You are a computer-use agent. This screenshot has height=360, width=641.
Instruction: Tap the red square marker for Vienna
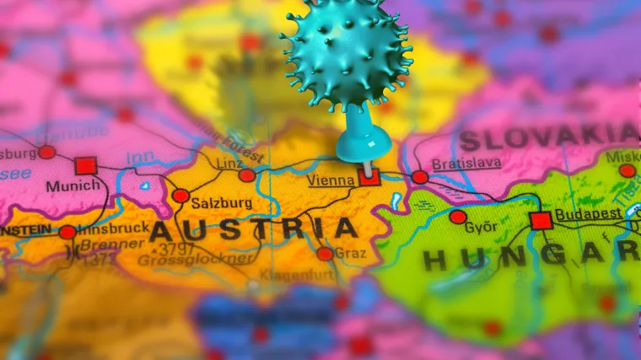tap(369, 177)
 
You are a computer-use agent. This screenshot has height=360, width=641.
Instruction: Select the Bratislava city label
tap(466, 164)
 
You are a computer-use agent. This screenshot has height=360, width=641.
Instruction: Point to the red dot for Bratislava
tap(420, 177)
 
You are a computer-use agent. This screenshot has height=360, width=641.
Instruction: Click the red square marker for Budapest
tap(541, 221)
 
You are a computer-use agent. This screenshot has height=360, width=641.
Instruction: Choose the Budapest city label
tap(589, 214)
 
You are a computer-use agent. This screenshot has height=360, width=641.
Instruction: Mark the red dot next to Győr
tap(458, 217)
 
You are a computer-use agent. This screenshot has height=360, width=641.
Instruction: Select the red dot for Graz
tap(325, 254)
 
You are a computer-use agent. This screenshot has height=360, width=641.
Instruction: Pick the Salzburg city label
tap(222, 203)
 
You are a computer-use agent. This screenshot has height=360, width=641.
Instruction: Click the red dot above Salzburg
tap(180, 196)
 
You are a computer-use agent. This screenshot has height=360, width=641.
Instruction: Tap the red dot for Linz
tap(247, 175)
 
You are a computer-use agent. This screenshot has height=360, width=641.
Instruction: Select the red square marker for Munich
tap(85, 166)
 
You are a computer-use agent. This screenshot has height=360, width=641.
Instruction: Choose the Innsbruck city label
tap(112, 228)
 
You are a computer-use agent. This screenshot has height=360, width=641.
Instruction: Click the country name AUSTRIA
tap(253, 230)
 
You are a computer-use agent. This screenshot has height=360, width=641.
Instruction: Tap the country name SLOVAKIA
tap(548, 137)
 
